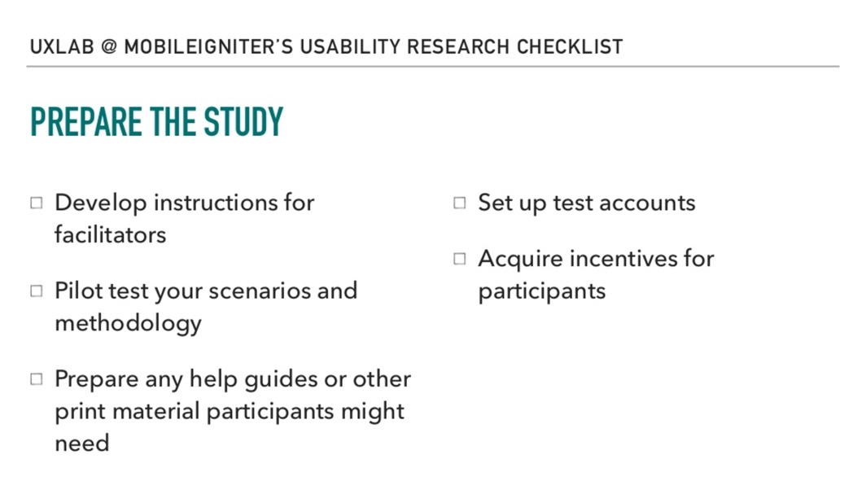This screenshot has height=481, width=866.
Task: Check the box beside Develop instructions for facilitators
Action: point(37,203)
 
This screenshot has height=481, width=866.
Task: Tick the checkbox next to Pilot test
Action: point(37,291)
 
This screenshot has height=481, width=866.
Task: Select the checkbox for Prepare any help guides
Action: point(37,379)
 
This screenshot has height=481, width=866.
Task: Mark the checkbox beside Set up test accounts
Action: point(460,203)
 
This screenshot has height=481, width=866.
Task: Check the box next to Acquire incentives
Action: point(460,259)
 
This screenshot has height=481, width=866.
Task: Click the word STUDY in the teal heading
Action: point(243,121)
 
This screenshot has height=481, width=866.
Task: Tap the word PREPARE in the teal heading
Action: point(86,121)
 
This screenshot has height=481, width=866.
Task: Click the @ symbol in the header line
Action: point(109,47)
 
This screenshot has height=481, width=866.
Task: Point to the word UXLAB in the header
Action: point(62,47)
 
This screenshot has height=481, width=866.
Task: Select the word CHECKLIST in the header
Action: point(570,47)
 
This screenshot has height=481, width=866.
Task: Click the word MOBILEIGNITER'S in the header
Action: point(208,47)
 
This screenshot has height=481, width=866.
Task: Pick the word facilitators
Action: point(111,234)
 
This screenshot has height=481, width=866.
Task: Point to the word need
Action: point(81,444)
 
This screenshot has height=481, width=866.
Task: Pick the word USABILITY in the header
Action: point(350,47)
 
